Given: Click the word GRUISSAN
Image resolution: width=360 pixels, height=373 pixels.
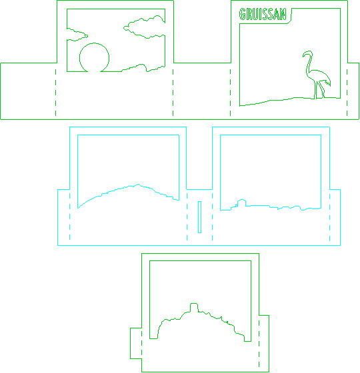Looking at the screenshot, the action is [263, 14].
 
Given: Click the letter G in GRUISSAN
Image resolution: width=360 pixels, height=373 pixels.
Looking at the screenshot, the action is [243, 14].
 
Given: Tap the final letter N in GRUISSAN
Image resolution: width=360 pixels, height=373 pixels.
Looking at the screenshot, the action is [283, 14].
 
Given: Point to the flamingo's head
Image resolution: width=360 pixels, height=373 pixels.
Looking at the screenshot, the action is [307, 53].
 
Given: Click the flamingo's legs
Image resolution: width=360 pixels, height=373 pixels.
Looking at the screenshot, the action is [319, 90].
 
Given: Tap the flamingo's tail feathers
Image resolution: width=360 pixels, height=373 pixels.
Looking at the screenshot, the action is [327, 83].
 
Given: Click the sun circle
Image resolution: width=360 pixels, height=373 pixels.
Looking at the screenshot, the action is [94, 43].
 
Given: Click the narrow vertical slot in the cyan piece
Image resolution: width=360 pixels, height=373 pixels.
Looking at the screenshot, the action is [199, 217].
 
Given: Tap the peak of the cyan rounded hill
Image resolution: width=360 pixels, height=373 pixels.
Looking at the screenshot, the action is [139, 184].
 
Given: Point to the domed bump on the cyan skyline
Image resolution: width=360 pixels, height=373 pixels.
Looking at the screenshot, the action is [241, 200].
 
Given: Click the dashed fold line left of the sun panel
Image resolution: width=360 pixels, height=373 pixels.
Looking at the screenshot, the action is [56, 93].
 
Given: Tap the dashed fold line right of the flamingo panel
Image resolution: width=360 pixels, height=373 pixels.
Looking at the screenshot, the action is [347, 93].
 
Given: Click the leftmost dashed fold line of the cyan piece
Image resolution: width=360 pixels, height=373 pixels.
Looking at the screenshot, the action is [69, 216].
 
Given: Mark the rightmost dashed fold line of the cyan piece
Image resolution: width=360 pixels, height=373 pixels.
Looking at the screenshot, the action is [330, 217].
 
